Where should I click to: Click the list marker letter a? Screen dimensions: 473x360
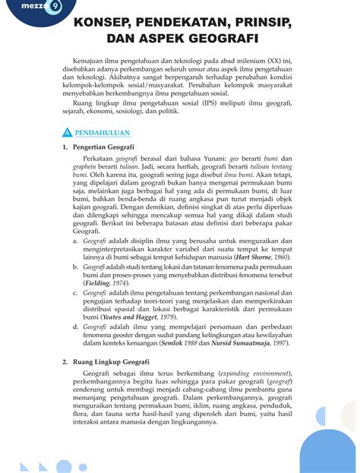pos(75,239)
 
